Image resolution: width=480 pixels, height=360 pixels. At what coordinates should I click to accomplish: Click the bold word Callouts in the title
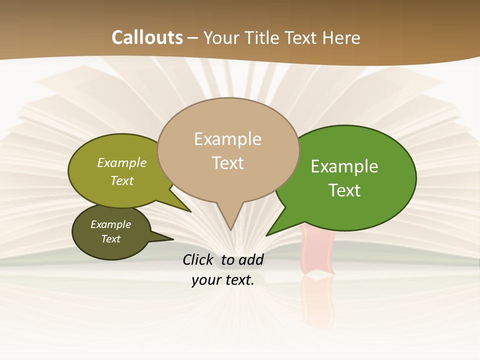click(x=147, y=37)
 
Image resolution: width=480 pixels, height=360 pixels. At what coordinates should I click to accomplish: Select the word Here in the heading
click(x=341, y=37)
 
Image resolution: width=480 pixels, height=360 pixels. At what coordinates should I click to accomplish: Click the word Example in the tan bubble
click(x=227, y=139)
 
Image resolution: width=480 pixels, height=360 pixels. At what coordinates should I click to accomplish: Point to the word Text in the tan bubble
click(x=228, y=162)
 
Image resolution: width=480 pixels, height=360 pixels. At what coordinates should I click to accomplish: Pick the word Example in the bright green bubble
click(x=344, y=166)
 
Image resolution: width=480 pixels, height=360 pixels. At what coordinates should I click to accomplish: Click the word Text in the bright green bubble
click(x=344, y=190)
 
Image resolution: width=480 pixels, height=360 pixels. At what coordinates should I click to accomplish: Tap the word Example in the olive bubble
click(x=122, y=162)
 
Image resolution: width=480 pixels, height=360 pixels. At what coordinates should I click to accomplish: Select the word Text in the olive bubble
click(x=122, y=180)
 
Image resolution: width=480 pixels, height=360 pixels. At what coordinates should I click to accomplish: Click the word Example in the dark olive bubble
click(x=111, y=224)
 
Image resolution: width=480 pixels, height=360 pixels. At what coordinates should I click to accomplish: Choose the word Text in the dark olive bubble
click(x=111, y=239)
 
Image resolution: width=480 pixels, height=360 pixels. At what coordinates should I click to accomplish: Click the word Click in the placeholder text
click(x=199, y=259)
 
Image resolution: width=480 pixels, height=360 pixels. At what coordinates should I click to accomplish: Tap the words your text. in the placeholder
click(x=223, y=280)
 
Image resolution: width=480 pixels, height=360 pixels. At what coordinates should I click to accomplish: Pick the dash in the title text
click(x=193, y=38)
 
